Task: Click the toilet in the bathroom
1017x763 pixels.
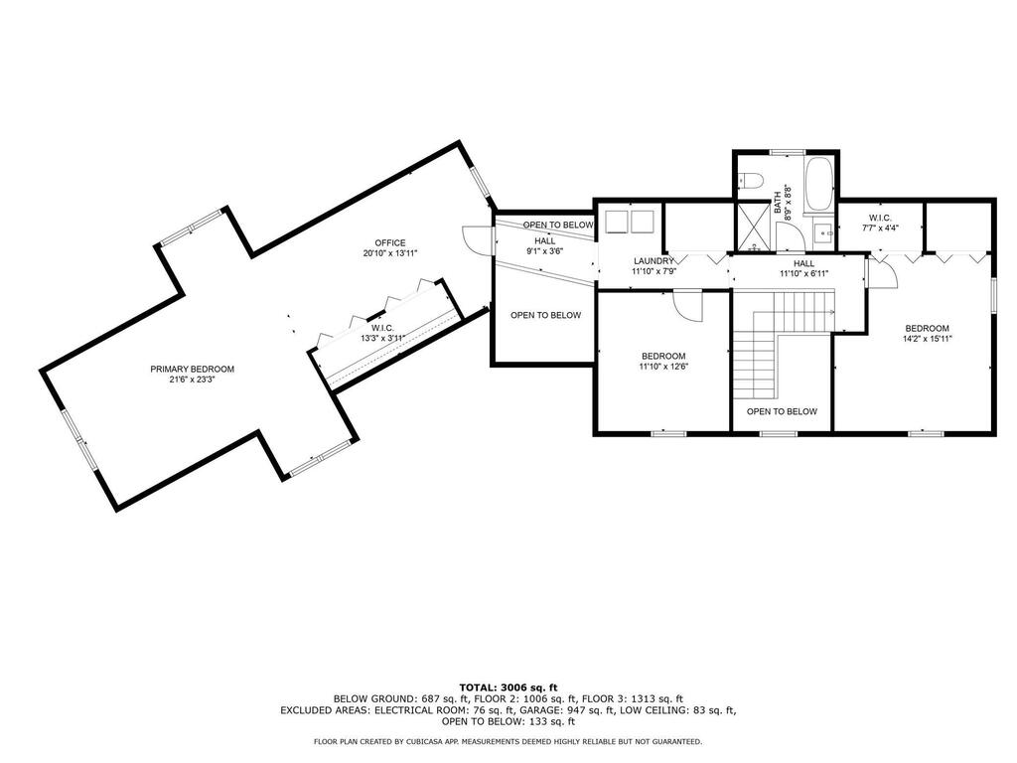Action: click(751, 180)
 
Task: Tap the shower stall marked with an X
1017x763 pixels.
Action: click(753, 228)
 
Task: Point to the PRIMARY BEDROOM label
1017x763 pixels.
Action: click(192, 370)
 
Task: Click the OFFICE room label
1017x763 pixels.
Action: click(389, 243)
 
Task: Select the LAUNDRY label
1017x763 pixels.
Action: click(654, 261)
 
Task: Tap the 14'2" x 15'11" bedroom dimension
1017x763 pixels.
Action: click(927, 339)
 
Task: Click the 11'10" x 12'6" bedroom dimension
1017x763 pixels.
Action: click(663, 366)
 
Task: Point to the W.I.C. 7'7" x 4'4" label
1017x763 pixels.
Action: click(880, 223)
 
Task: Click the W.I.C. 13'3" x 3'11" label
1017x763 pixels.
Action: click(382, 333)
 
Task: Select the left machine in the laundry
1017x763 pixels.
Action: click(616, 222)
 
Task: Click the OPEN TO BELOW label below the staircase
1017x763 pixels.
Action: click(782, 411)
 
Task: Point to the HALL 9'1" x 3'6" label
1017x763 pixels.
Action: click(545, 245)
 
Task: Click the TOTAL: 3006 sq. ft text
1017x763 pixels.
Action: click(508, 687)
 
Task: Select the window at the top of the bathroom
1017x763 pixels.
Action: click(787, 152)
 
